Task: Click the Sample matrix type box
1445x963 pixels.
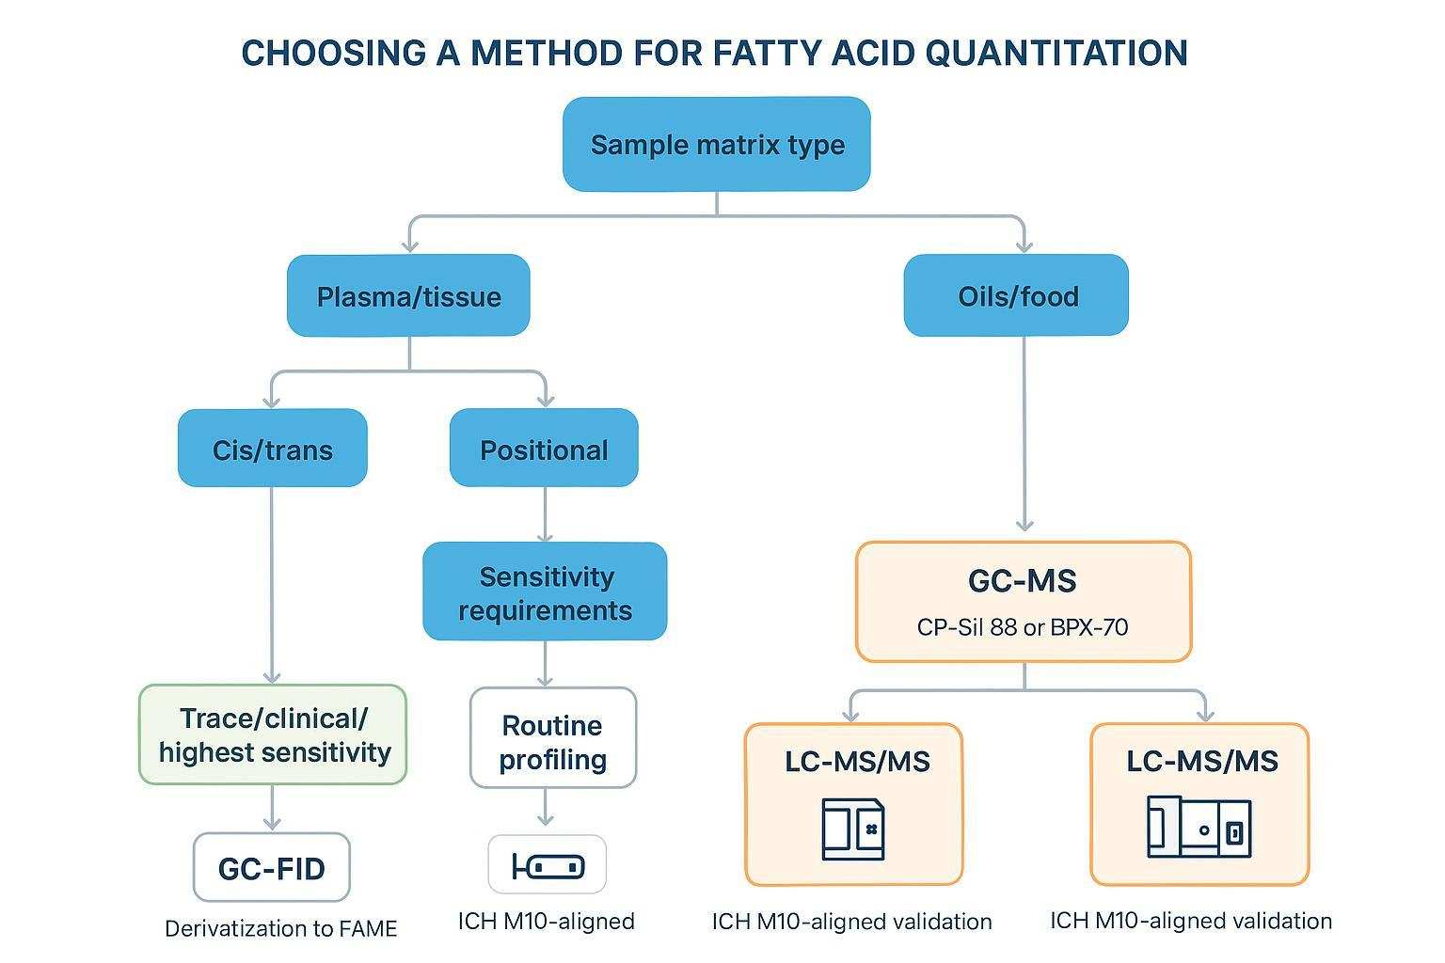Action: coord(716,144)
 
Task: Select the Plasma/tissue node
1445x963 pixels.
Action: coord(408,295)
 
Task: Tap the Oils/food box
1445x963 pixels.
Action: coord(1016,295)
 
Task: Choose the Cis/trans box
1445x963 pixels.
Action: coord(272,448)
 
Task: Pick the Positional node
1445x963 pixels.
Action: coord(544,448)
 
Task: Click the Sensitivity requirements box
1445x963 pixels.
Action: coord(545,592)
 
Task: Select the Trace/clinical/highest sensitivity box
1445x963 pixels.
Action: coord(273,734)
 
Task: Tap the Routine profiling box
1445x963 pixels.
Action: coord(553,738)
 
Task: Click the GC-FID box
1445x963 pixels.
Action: coord(272,867)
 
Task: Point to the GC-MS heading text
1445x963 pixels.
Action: coord(1023,580)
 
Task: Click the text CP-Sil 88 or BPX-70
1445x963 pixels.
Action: coord(1023,627)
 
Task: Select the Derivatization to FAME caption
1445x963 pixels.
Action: coord(280,929)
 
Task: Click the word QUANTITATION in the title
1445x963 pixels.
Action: coord(1056,53)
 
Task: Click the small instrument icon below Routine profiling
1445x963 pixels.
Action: coord(548,865)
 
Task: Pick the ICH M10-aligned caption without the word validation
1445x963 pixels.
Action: coord(547,921)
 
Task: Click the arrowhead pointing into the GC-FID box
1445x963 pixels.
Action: coord(272,824)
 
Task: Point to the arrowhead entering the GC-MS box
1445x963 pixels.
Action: coord(1024,525)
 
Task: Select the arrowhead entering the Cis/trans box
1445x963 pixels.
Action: coord(272,402)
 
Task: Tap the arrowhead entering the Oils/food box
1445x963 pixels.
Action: coord(1024,245)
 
